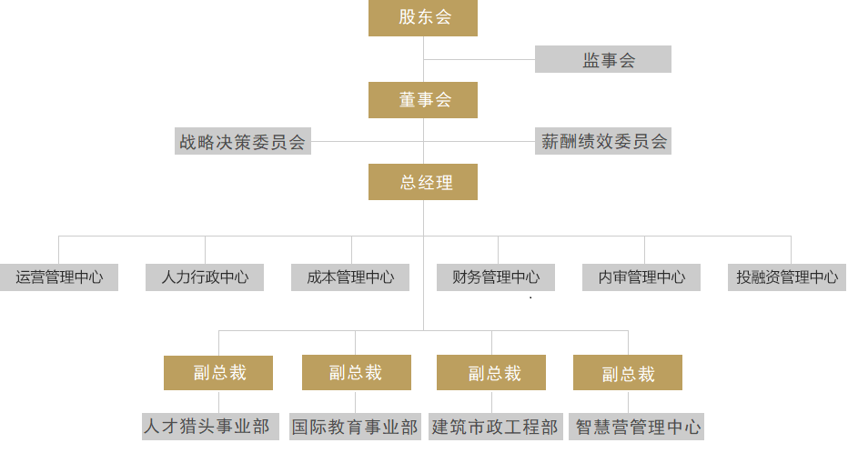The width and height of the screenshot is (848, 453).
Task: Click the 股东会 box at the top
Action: click(x=423, y=17)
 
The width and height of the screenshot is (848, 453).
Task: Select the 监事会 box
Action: click(x=603, y=60)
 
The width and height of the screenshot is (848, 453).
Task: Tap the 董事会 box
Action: click(x=423, y=100)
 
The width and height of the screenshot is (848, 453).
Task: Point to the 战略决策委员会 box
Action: click(x=243, y=142)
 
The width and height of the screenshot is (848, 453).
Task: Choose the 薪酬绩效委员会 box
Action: click(x=603, y=142)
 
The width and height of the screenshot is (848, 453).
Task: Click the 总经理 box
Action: click(x=423, y=182)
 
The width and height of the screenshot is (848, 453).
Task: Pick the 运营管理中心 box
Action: click(x=59, y=277)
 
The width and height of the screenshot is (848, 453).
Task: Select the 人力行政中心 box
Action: click(x=205, y=277)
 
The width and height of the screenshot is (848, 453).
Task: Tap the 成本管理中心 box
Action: click(x=350, y=277)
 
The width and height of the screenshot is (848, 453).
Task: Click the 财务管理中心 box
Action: click(x=496, y=277)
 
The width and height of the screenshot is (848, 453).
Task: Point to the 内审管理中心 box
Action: click(x=641, y=277)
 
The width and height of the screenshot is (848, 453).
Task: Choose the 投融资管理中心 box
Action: click(x=787, y=277)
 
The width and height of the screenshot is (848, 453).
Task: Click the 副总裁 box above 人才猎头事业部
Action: click(x=218, y=373)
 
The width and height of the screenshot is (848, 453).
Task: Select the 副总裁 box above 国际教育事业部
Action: click(x=356, y=373)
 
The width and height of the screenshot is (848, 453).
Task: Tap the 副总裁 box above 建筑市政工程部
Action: click(x=491, y=373)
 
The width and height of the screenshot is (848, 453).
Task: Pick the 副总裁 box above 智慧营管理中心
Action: click(x=628, y=373)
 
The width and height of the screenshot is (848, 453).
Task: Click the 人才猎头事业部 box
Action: click(x=207, y=426)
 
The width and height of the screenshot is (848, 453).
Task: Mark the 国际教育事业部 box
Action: click(x=356, y=427)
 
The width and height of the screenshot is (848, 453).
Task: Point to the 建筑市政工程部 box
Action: click(x=494, y=427)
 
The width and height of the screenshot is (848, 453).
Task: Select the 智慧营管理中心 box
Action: click(x=638, y=427)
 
